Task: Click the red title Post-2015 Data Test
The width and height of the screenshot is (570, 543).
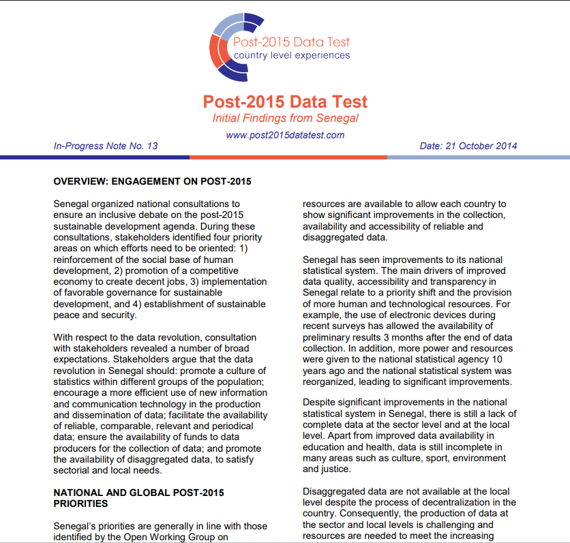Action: (x=285, y=102)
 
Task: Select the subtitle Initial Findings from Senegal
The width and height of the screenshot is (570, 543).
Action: (x=285, y=119)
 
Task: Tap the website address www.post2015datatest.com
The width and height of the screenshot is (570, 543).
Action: (x=285, y=135)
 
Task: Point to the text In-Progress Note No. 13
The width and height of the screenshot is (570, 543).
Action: (x=105, y=146)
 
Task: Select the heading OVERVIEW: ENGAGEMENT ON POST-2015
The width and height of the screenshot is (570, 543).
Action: (x=152, y=182)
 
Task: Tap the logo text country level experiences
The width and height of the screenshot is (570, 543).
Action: (x=292, y=55)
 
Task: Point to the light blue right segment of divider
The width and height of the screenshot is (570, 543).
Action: (x=477, y=157)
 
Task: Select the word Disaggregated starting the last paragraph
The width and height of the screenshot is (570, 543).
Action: (x=334, y=492)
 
